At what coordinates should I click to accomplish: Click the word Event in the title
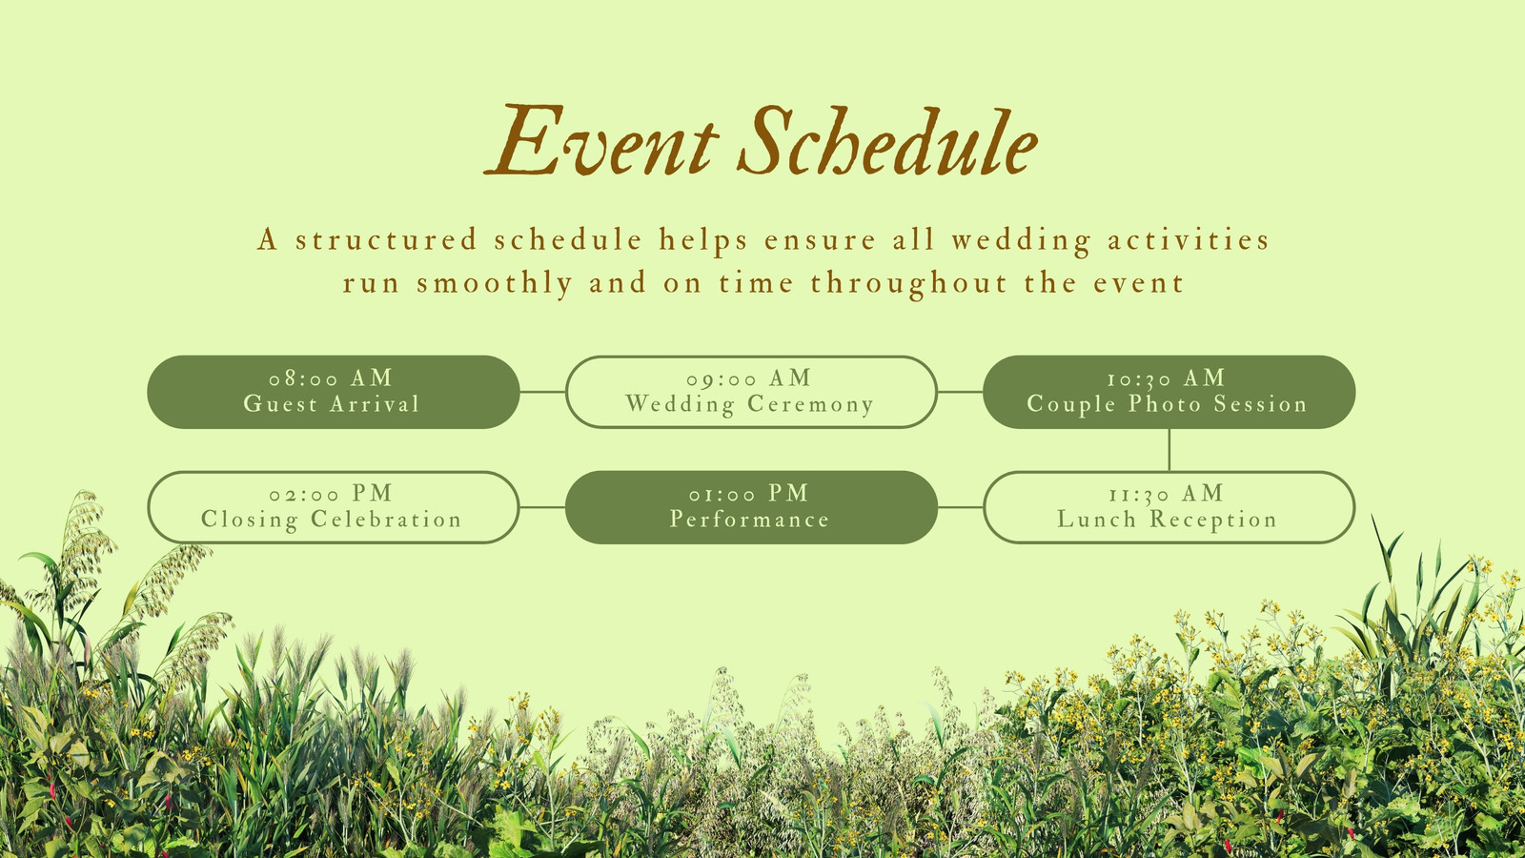[601, 140]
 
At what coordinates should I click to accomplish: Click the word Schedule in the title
[887, 140]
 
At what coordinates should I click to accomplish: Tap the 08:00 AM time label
[331, 378]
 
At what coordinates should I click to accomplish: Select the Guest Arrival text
[332, 404]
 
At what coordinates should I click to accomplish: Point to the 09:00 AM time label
[749, 378]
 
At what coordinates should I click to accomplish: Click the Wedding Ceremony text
[749, 404]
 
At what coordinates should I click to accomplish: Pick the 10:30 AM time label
[1167, 378]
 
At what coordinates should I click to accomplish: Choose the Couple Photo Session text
[1167, 404]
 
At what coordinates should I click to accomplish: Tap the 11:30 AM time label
[1167, 493]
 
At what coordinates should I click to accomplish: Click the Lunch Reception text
[1167, 519]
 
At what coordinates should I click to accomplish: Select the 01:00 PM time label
[749, 493]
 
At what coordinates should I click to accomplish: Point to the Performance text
[749, 519]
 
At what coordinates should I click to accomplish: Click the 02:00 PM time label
[331, 493]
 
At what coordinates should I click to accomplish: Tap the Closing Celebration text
[332, 519]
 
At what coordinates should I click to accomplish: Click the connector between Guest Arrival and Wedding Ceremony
[542, 392]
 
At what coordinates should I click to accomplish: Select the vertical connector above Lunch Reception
[1169, 449]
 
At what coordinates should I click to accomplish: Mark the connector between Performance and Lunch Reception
[961, 507]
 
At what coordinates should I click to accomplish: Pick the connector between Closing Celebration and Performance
[542, 507]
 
